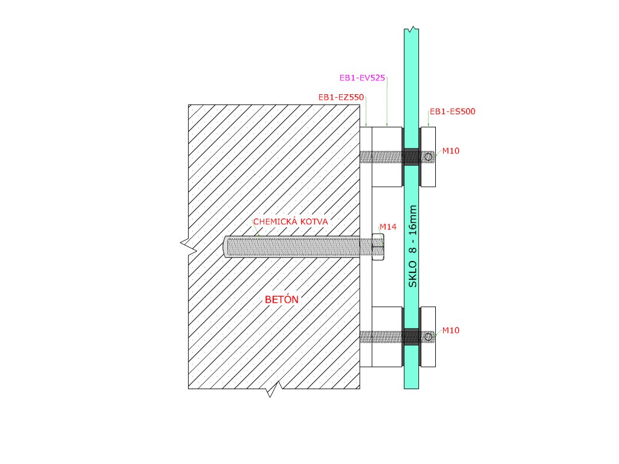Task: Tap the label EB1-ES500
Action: [452, 112]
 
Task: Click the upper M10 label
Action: [450, 150]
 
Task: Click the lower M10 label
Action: [450, 330]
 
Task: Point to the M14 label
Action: [387, 227]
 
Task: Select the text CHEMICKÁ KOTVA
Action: [290, 222]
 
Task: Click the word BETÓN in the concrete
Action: [282, 299]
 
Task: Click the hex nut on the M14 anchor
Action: [377, 246]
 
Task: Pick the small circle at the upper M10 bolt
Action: [429, 157]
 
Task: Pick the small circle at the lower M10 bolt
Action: [429, 337]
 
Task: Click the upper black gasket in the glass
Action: [412, 156]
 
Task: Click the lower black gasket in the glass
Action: [412, 337]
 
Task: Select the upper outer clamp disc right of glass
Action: [428, 139]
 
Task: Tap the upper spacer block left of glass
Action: [387, 139]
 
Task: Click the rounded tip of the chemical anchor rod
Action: [226, 246]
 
